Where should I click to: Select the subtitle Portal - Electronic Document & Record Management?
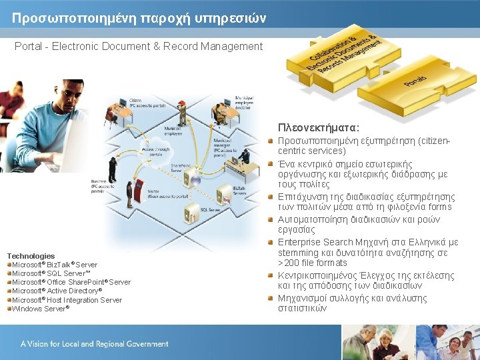coord(139,47)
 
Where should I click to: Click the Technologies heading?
coord(31,256)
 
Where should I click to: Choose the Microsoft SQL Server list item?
coord(51,273)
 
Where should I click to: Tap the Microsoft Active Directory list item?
coord(57,291)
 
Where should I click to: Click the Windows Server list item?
coord(41,308)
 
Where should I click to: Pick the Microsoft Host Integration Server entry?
coord(67,299)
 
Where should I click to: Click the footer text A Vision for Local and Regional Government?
coord(94,344)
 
